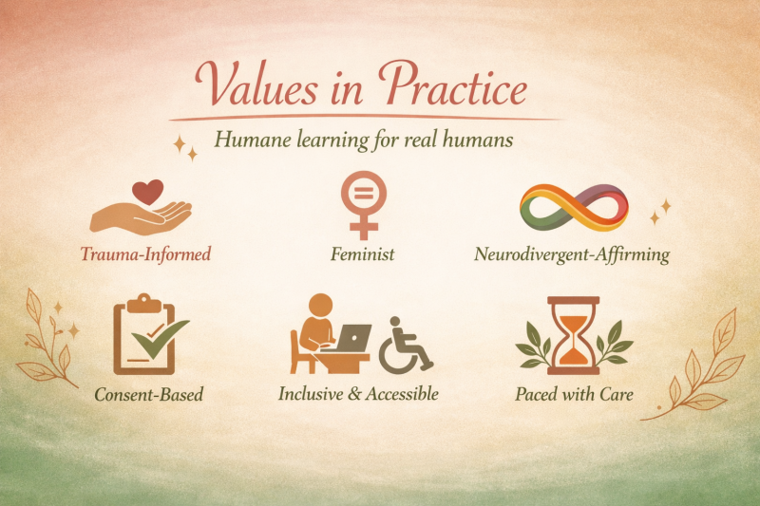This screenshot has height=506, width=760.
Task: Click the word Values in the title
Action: point(256,84)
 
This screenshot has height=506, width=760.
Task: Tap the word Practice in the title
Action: point(453,84)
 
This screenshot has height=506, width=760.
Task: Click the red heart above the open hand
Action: point(148,192)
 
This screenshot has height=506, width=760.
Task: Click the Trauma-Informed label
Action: point(145,253)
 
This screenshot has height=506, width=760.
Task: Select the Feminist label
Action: point(363,253)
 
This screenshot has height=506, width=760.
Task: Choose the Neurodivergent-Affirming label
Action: point(572,254)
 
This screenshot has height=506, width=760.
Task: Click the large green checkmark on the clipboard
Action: point(160,339)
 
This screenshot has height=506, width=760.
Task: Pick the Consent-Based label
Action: point(149,394)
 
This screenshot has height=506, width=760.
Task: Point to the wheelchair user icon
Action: point(406,345)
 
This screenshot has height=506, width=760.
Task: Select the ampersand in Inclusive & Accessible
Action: point(355,394)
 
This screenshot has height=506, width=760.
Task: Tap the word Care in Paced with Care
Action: point(616,394)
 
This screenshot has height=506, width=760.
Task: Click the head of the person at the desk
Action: point(320,307)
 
